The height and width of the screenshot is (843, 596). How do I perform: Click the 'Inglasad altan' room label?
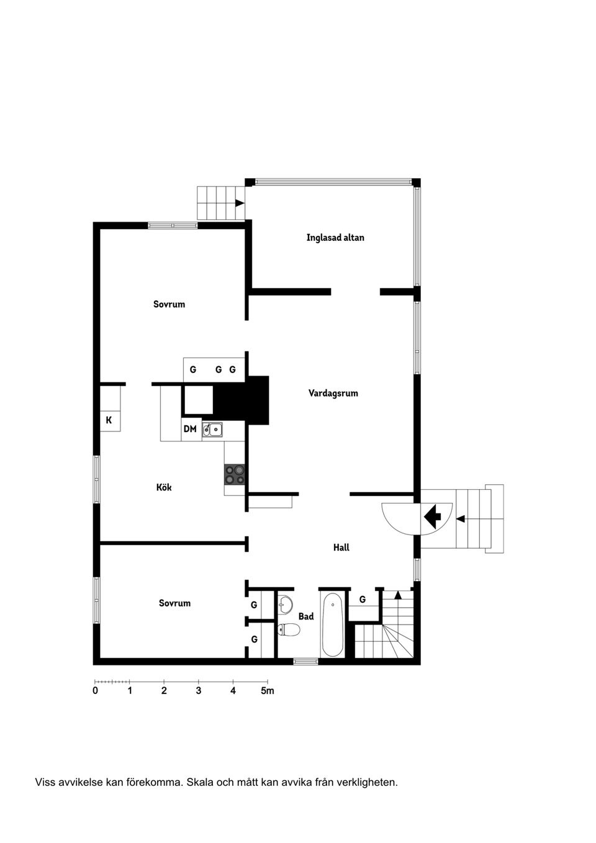335,238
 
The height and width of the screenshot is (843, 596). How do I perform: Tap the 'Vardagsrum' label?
333,393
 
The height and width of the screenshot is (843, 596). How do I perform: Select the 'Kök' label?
164,487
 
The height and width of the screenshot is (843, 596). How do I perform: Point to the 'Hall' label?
341,548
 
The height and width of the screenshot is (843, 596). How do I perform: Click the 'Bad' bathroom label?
306,616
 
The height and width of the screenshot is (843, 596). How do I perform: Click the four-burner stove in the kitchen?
235,474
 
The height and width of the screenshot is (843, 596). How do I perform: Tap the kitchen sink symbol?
212,429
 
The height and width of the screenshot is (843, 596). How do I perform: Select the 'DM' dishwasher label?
190,429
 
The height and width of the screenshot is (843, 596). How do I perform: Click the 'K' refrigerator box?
109,420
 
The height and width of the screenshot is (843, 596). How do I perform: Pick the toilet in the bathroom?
289,630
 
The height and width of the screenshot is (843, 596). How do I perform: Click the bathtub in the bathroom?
332,624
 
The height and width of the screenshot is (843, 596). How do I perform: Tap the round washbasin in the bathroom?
285,602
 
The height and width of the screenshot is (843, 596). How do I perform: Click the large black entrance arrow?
432,515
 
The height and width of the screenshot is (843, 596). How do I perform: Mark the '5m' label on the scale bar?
267,691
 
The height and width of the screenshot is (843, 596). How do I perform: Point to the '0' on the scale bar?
95,691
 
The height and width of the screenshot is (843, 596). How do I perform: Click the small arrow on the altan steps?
239,202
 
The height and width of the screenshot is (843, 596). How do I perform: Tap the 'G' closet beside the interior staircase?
363,600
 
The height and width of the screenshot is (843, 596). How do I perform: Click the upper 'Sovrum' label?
169,304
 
